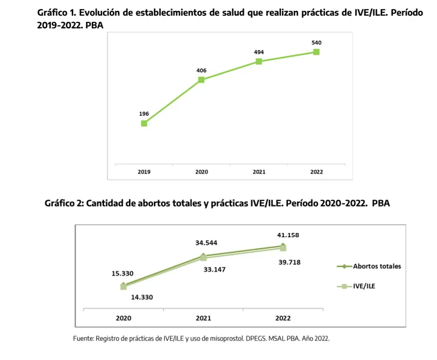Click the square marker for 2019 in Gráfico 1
tap(144, 123)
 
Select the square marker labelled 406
tap(201, 80)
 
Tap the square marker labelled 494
tap(259, 61)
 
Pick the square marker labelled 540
tap(316, 52)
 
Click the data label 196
tap(144, 113)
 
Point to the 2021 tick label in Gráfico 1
tap(259, 172)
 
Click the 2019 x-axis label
tap(144, 172)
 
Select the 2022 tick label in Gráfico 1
tap(316, 172)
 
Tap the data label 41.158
tap(288, 235)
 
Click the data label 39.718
tap(289, 262)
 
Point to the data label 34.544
tap(206, 243)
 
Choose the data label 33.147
tap(215, 270)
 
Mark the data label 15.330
tap(123, 273)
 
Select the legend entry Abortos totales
tap(377, 266)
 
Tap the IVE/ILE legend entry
tap(364, 286)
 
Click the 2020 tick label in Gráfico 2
tap(123, 318)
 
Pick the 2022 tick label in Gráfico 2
tap(283, 318)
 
